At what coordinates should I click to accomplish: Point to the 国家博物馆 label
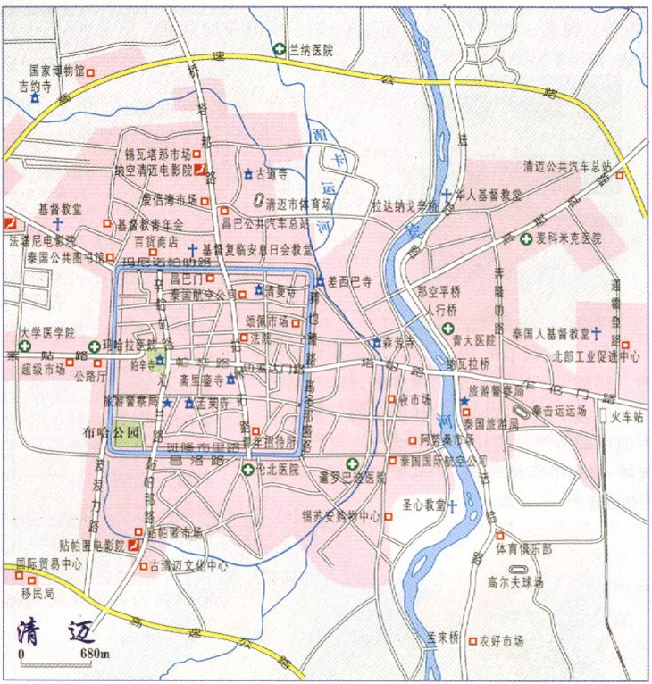(x=56, y=69)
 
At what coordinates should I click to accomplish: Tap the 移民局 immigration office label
(x=38, y=593)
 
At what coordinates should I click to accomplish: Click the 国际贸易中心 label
(x=50, y=564)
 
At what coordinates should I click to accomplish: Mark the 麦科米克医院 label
(x=569, y=239)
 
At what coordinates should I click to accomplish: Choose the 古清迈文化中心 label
(x=188, y=565)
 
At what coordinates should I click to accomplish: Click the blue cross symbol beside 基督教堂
(x=58, y=221)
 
